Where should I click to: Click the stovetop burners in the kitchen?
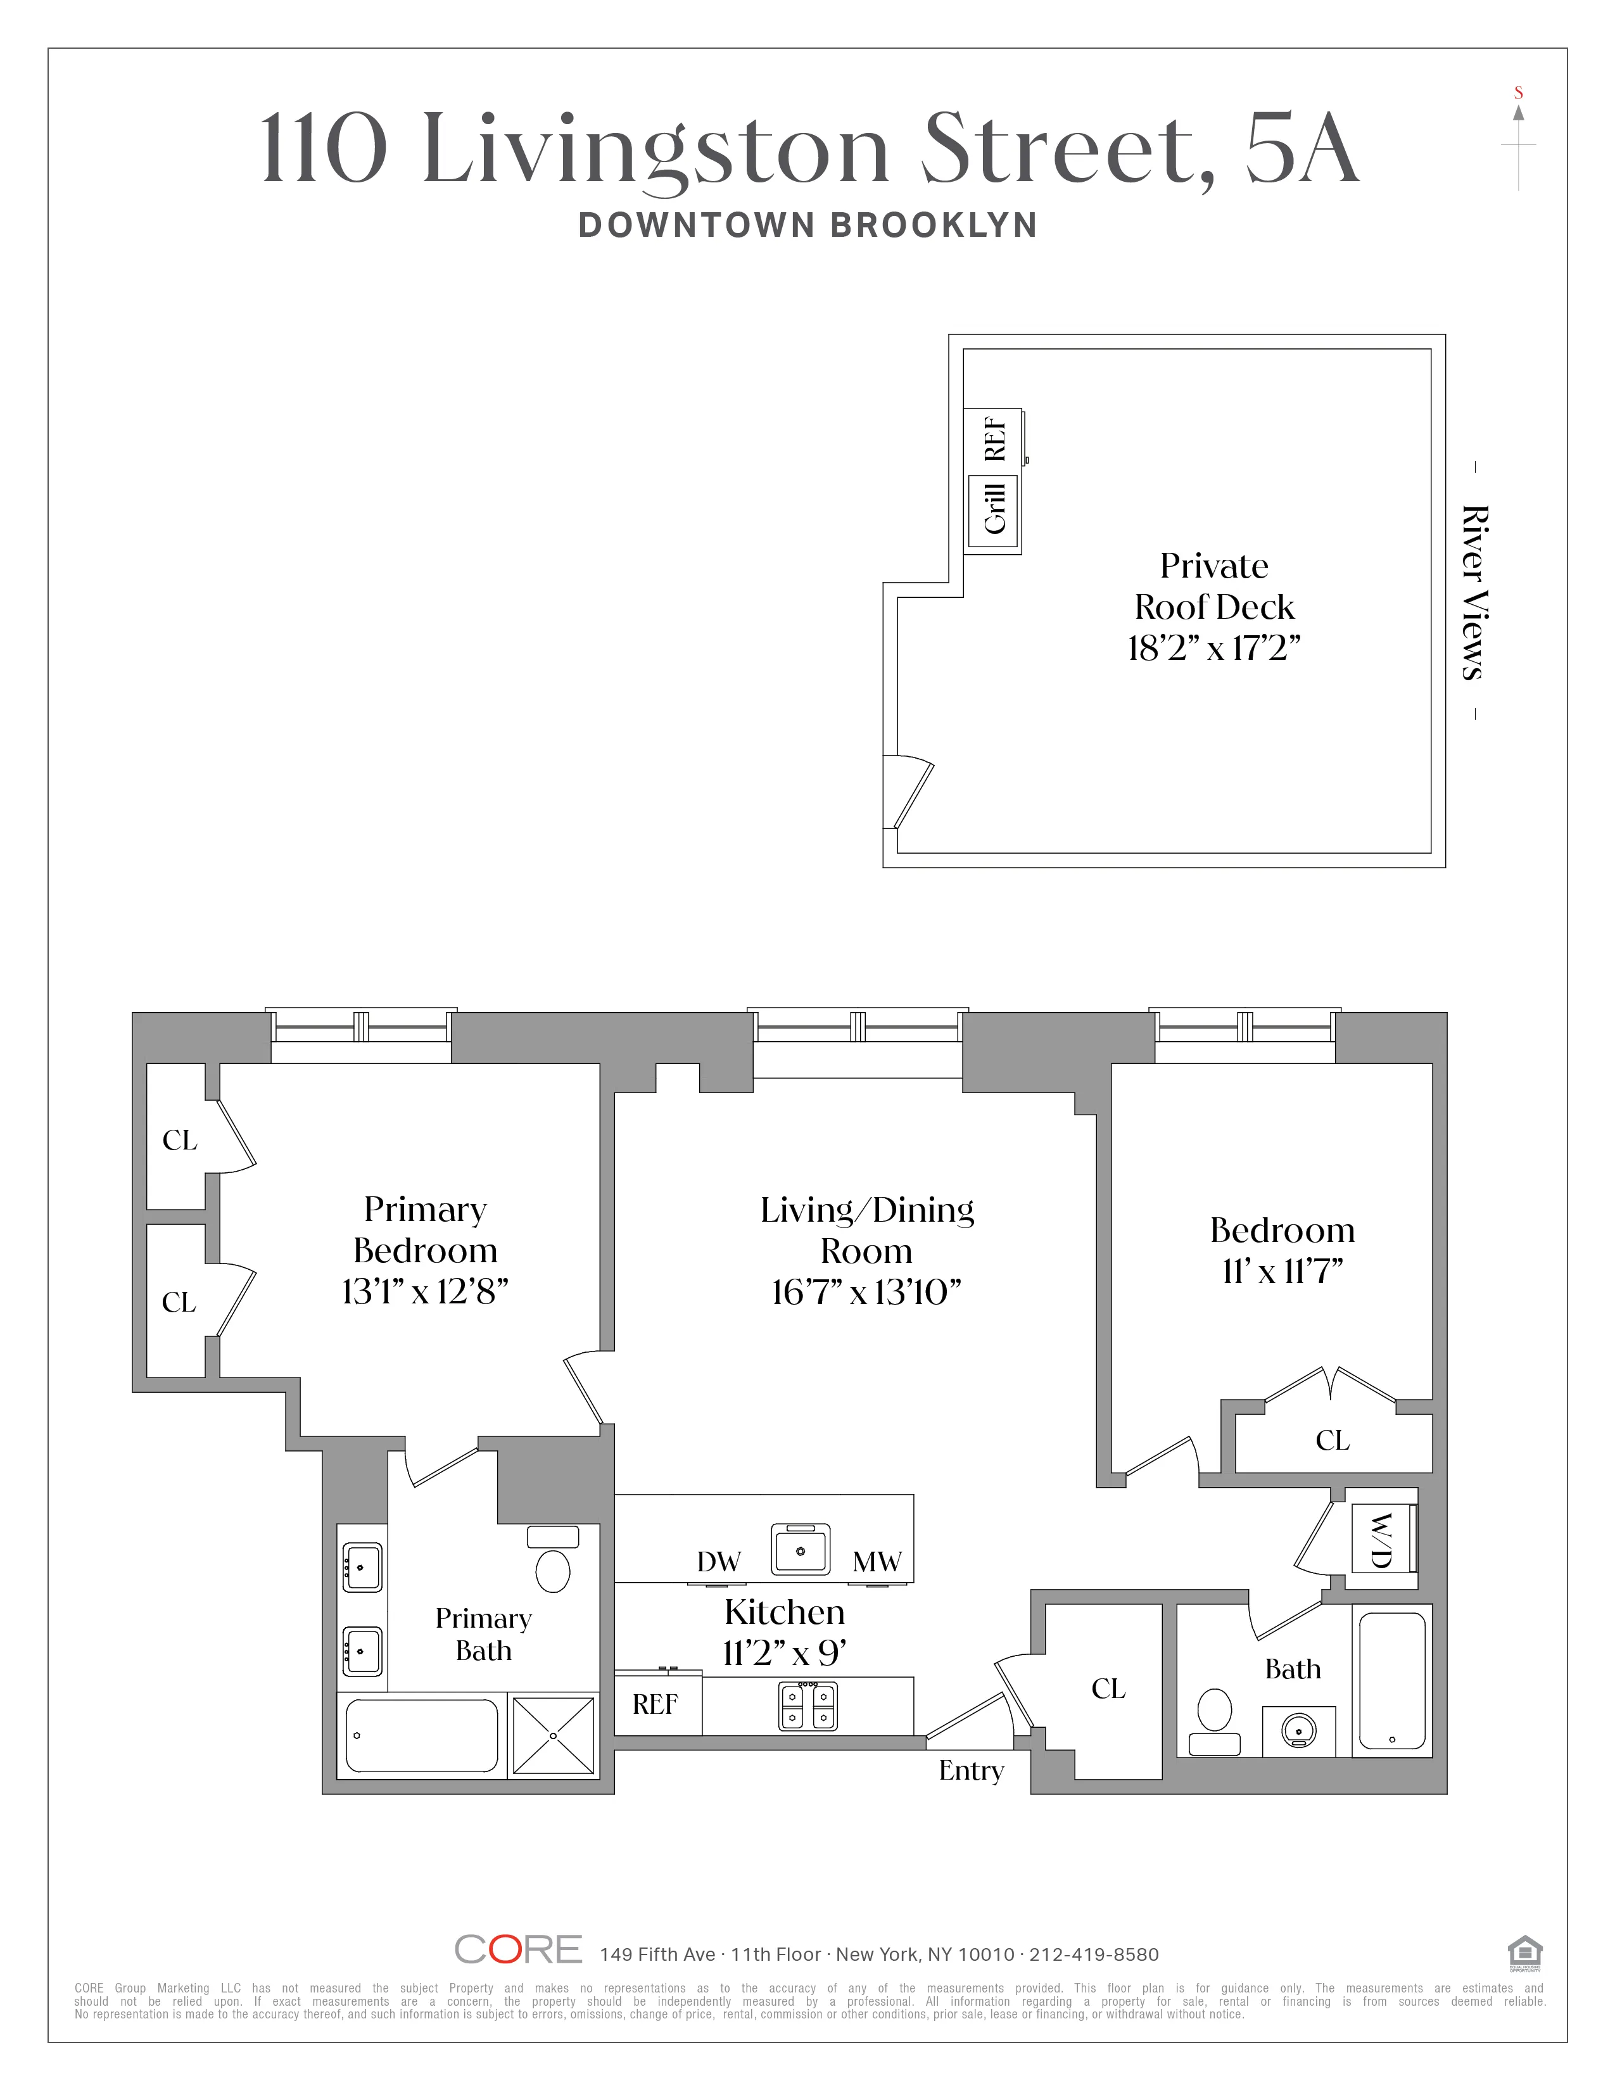pyautogui.click(x=807, y=1706)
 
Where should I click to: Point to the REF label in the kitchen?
pyautogui.click(x=655, y=1704)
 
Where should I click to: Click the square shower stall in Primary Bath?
pyautogui.click(x=553, y=1735)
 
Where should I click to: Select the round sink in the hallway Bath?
pyautogui.click(x=1298, y=1730)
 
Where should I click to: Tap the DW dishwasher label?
pyautogui.click(x=719, y=1562)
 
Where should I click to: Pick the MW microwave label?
pyautogui.click(x=877, y=1562)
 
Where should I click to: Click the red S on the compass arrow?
pyautogui.click(x=1518, y=93)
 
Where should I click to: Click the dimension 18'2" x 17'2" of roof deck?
pyautogui.click(x=1213, y=649)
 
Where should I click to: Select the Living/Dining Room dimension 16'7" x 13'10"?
pyautogui.click(x=866, y=1293)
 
